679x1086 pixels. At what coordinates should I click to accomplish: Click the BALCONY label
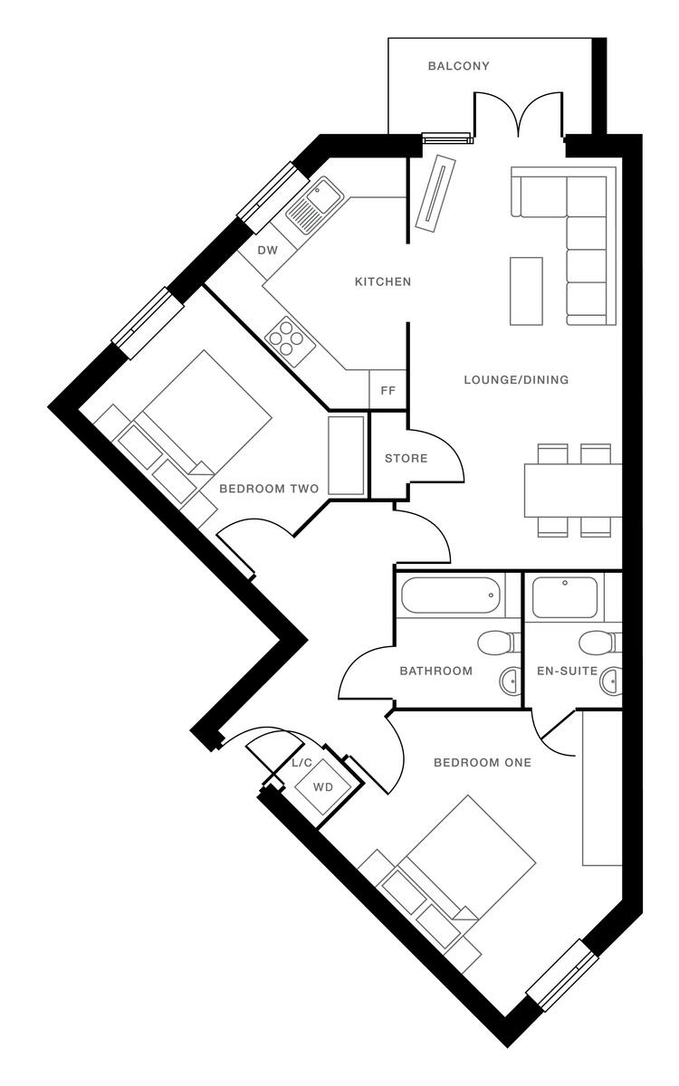tap(459, 66)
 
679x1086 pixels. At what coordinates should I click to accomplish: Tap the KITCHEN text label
tap(382, 282)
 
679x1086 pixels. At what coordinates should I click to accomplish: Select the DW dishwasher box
tap(267, 251)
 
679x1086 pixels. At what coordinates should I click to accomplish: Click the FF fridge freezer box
tap(387, 391)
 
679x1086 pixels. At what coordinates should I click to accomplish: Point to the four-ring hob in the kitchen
tap(286, 339)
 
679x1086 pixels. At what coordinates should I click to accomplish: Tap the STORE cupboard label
tap(406, 459)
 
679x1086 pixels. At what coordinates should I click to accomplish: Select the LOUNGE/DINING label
tap(516, 380)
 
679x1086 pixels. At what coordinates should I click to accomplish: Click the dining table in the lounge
tap(573, 490)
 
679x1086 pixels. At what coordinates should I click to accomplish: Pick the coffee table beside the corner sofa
tap(526, 291)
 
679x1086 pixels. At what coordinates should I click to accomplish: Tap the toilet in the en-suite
tap(598, 643)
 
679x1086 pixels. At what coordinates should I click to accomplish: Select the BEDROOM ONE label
tap(482, 762)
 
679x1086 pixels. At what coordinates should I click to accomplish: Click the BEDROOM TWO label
tap(269, 489)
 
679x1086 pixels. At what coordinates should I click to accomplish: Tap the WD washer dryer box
tap(322, 786)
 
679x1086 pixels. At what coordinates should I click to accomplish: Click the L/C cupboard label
tap(301, 764)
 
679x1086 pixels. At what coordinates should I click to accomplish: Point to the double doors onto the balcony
tap(517, 118)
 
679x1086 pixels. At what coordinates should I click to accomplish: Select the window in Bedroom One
tap(564, 974)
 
